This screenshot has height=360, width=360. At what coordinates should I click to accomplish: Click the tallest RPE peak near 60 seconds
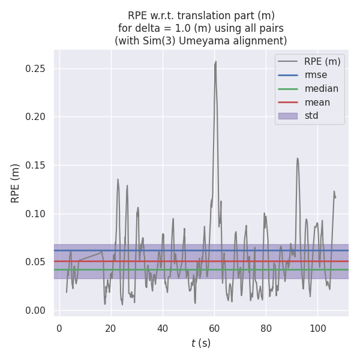215,62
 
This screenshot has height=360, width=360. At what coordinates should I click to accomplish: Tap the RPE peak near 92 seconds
297,159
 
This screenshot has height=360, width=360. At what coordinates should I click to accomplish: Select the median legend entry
321,89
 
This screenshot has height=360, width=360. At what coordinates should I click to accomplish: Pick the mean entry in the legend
317,102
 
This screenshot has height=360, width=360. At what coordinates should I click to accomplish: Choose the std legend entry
311,116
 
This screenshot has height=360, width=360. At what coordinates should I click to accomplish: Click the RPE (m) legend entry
322,61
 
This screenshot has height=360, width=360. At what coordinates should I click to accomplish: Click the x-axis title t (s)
201,343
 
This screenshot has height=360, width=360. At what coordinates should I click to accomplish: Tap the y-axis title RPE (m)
16,183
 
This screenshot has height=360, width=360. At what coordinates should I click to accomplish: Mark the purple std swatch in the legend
287,116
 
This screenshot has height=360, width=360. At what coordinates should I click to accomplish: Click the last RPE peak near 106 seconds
334,192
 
